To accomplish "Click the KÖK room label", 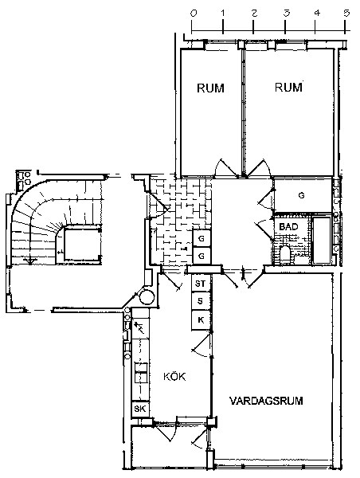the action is click(x=174, y=377).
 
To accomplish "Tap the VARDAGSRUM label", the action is click(x=266, y=400).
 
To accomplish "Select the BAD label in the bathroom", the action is click(x=288, y=227).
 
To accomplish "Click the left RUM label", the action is click(x=210, y=88).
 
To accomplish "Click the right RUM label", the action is click(x=288, y=88).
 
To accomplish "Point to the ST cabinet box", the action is click(x=201, y=284).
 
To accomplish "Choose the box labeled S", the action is click(x=201, y=301).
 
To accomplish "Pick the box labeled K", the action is click(x=201, y=320).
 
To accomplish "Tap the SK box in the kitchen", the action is click(x=140, y=409).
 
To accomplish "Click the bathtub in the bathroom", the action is click(x=322, y=241).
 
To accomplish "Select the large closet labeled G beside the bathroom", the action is click(x=303, y=195).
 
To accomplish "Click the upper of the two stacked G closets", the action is click(x=202, y=238).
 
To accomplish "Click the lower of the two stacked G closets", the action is click(x=202, y=256).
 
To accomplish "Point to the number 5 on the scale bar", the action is click(x=346, y=13).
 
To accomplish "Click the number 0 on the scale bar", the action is click(x=194, y=13).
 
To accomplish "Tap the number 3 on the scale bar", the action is click(x=286, y=13).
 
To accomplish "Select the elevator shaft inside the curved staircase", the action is click(x=83, y=245).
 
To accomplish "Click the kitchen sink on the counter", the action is click(x=141, y=373).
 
